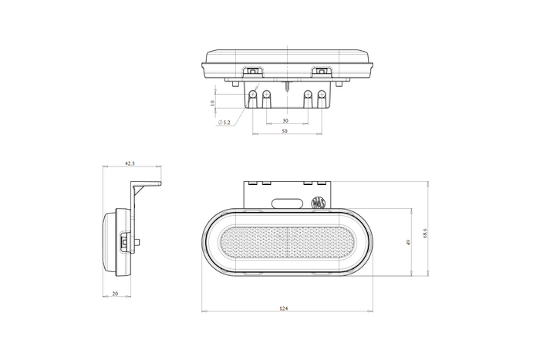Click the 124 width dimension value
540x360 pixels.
pyautogui.click(x=283, y=308)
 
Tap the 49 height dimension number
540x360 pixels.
pyautogui.click(x=408, y=242)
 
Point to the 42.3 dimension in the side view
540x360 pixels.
pyautogui.click(x=130, y=163)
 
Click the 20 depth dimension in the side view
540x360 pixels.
pyautogui.click(x=115, y=293)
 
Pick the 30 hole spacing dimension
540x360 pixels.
pyautogui.click(x=285, y=121)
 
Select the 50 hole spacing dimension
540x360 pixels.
pyautogui.click(x=285, y=132)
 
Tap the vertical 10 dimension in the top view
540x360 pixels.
pyautogui.click(x=212, y=101)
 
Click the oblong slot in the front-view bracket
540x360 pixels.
pyautogui.click(x=286, y=203)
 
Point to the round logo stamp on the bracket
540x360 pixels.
pyautogui.click(x=317, y=204)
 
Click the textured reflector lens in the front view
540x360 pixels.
pyautogui.click(x=286, y=243)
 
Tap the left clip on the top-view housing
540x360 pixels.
pyautogui.click(x=251, y=72)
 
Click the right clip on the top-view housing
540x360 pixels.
pyautogui.click(x=320, y=72)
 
